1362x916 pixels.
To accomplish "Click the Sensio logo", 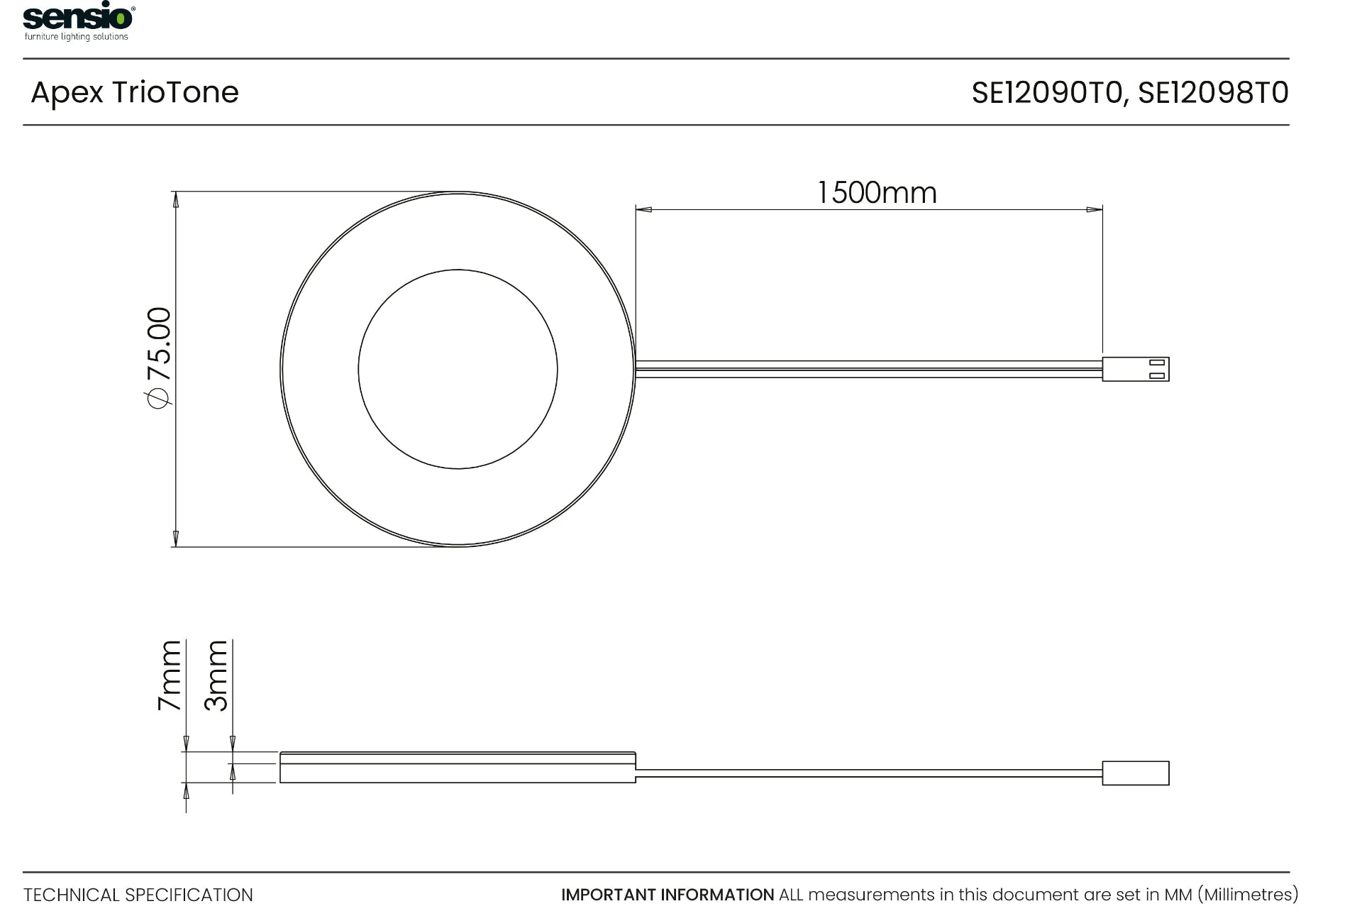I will pos(78,17).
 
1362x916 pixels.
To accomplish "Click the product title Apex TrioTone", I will pos(135,93).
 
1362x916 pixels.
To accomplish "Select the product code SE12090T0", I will pos(1047,93).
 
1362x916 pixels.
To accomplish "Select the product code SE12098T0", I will pos(1213,93).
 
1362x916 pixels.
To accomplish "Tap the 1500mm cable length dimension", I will pos(877,193).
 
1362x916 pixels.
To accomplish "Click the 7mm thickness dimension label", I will pos(170,675).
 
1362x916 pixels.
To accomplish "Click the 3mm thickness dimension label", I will pos(216,675).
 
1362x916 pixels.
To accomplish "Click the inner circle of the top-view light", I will pos(458,369).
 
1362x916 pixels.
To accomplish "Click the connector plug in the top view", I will pos(1135,369).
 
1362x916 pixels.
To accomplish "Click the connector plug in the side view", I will pos(1135,773).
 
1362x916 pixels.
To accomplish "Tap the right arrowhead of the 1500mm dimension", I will pos(1094,209).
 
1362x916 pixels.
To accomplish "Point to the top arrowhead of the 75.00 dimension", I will pos(176,199).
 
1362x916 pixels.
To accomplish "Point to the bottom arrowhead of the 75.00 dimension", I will pos(176,539).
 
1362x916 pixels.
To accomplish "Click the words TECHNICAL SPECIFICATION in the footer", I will pos(138,895).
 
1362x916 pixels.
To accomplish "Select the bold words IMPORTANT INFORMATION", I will pos(668,895).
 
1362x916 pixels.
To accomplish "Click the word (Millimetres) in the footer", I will pos(1248,895).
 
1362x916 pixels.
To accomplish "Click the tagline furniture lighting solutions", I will pos(77,37).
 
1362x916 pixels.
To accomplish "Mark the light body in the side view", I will pos(458,768).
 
